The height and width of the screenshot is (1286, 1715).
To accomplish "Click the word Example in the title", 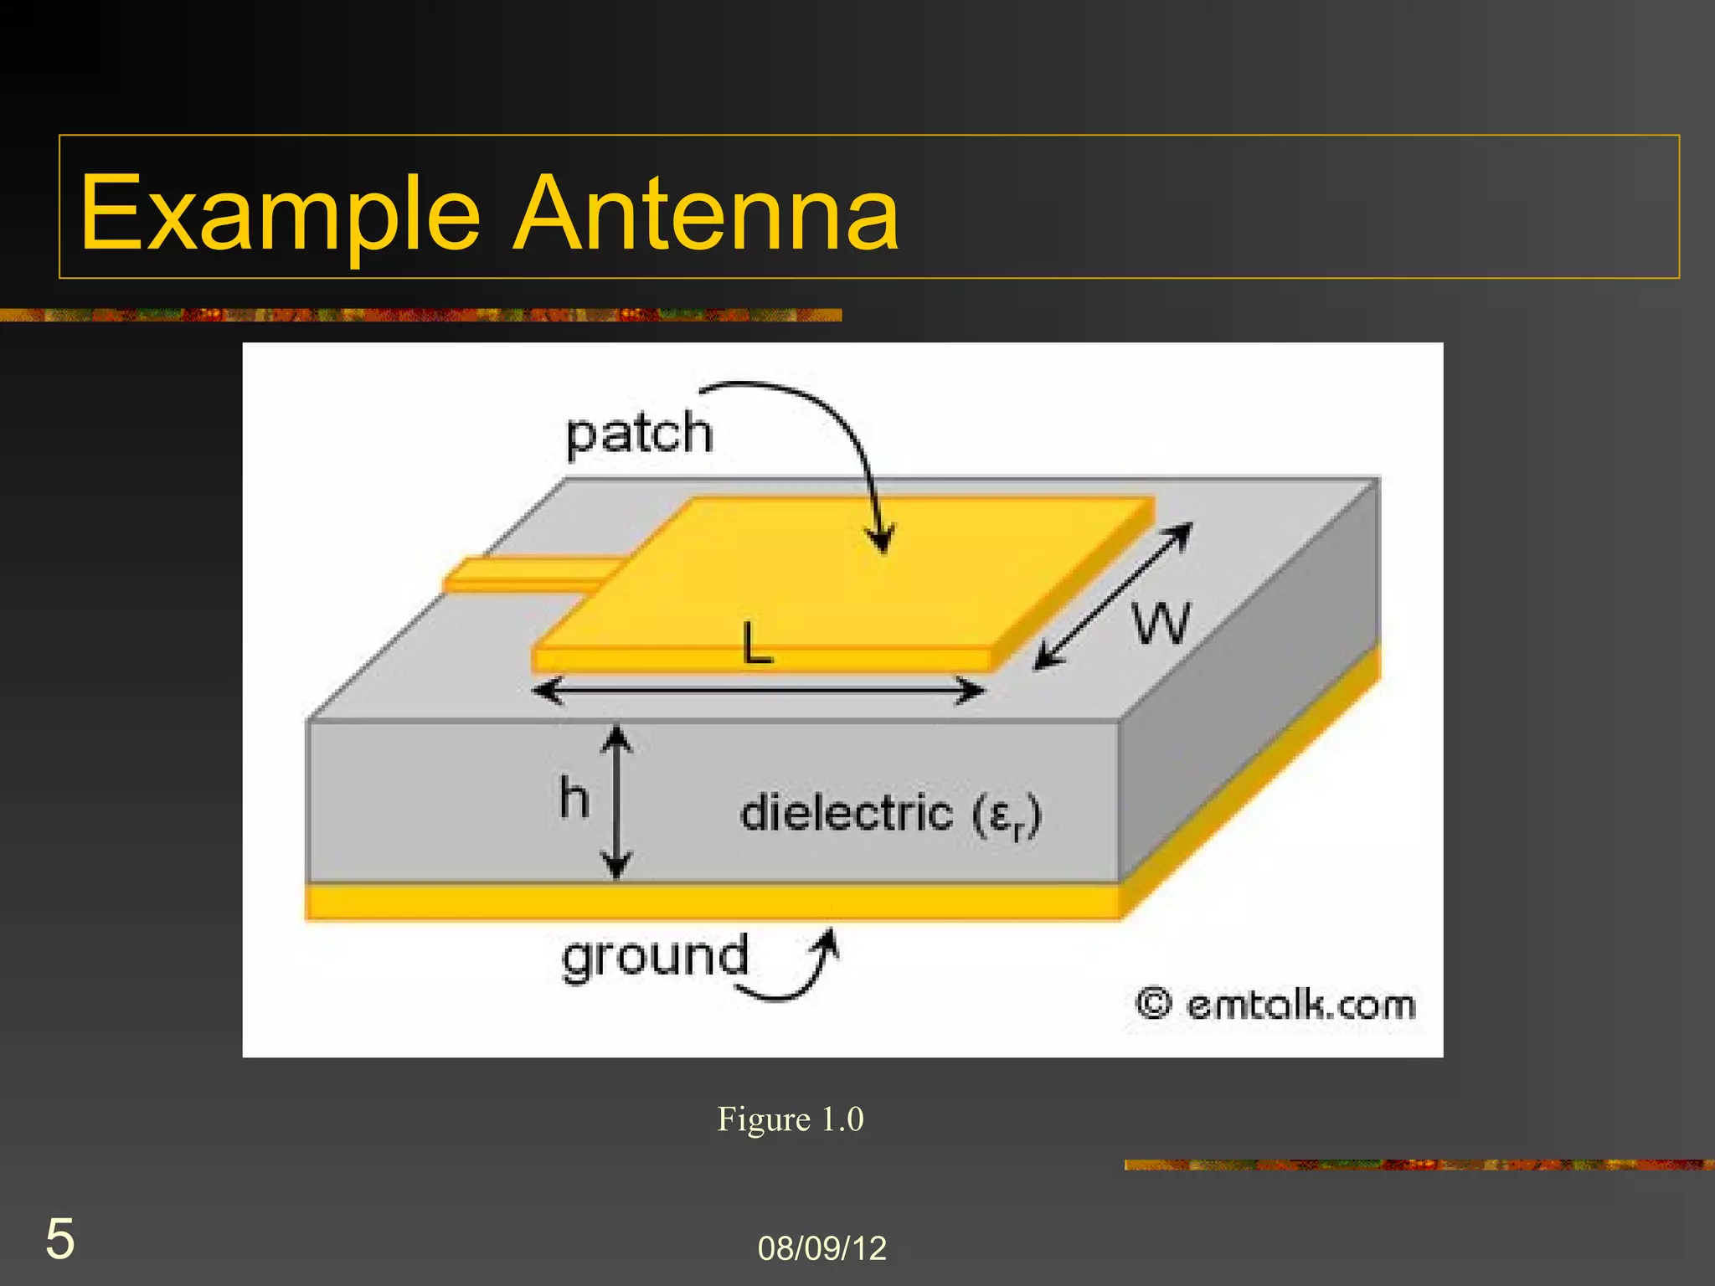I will click(x=280, y=213).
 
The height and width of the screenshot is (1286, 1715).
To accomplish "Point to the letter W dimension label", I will click(x=1161, y=624).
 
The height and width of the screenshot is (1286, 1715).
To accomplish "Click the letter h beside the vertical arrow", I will click(x=574, y=798).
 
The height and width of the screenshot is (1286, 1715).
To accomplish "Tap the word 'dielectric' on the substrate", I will click(x=846, y=813).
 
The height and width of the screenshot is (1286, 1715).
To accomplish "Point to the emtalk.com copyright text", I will click(x=1300, y=1004).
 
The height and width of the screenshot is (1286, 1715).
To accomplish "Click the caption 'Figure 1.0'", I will click(x=790, y=1119).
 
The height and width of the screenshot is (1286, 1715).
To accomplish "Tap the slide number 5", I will click(x=59, y=1239).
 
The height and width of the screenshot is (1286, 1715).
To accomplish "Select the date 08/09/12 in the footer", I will click(x=821, y=1248).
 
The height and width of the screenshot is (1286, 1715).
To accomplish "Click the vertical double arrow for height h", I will click(x=617, y=802).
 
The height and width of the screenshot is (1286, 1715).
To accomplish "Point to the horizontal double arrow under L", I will click(x=758, y=691).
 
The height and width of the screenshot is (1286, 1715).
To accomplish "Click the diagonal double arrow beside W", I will click(x=1113, y=596).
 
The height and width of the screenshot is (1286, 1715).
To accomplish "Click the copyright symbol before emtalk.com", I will click(x=1153, y=1003).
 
